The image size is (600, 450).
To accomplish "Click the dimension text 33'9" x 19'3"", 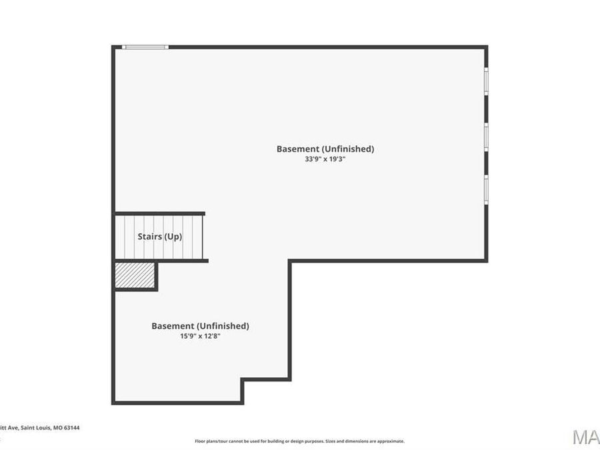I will coord(325,159).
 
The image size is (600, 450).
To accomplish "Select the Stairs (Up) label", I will coord(159,237).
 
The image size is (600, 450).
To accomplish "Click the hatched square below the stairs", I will coord(135,275).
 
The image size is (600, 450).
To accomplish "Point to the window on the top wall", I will coord(145,47).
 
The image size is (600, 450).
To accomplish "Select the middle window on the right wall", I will coord(486,137).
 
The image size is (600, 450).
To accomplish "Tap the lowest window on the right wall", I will coord(486,189).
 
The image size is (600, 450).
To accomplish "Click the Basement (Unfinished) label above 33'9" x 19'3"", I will coord(325,149).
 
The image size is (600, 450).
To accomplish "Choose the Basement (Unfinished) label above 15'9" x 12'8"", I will coord(200,326).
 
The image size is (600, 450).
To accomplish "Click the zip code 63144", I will coord(71,428).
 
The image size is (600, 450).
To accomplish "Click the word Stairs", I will coord(150,237).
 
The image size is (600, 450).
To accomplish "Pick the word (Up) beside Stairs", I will coord(173,237).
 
